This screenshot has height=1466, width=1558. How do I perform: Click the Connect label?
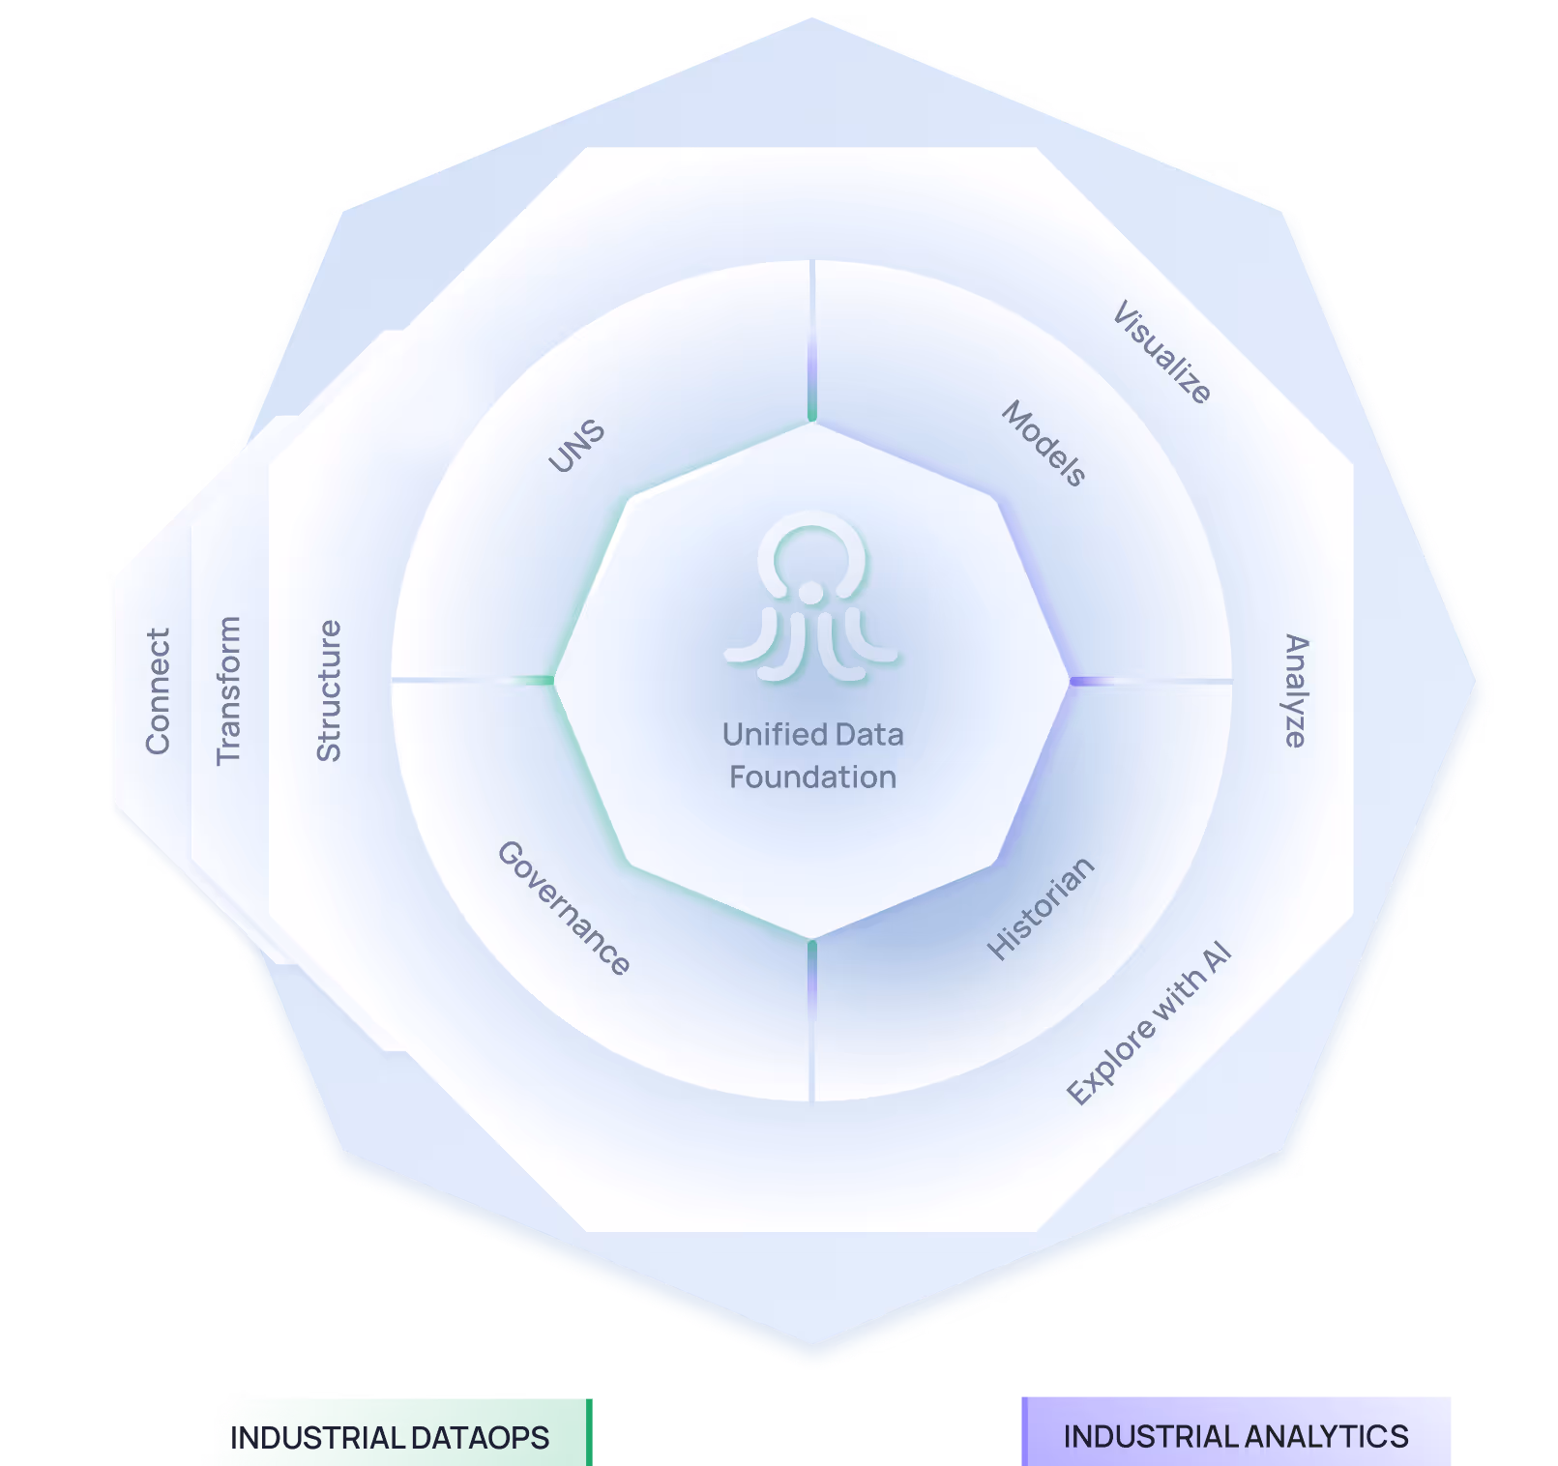tap(158, 690)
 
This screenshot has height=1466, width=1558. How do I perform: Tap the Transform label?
tap(228, 690)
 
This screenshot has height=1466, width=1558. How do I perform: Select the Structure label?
tap(330, 690)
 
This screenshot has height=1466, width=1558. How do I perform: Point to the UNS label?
tap(576, 446)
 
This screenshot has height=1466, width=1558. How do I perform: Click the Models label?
tap(1044, 443)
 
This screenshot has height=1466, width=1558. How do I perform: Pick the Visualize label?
tap(1161, 352)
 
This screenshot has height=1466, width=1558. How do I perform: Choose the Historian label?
tap(1041, 908)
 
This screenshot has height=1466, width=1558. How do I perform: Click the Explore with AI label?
tap(1148, 1023)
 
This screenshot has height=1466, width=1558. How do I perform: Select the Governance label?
tap(564, 907)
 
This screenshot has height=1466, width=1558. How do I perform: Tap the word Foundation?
tap(812, 777)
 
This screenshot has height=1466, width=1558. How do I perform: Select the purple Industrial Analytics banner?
tap(1236, 1436)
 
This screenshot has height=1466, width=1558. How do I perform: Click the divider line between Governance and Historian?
tap(812, 1020)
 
